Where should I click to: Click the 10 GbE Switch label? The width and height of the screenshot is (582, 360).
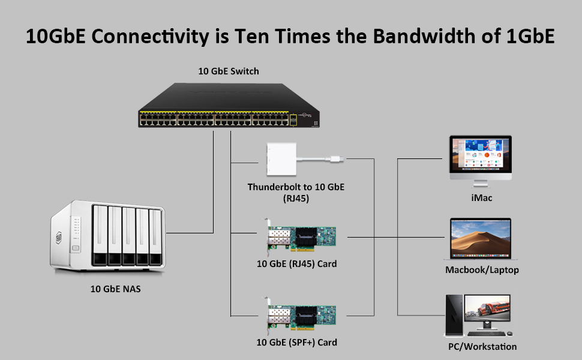pyautogui.click(x=229, y=71)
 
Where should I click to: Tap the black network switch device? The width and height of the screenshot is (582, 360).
pyautogui.click(x=229, y=106)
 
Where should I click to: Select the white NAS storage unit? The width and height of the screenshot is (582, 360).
pyautogui.click(x=107, y=236)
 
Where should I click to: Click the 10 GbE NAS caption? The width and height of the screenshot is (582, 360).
pyautogui.click(x=115, y=289)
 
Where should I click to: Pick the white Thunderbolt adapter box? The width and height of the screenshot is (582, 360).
pyautogui.click(x=281, y=159)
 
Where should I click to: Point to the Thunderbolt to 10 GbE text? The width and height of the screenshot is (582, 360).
pyautogui.click(x=296, y=187)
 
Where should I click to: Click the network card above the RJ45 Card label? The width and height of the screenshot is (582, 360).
pyautogui.click(x=301, y=236)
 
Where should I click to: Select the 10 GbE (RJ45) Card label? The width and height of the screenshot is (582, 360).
pyautogui.click(x=296, y=264)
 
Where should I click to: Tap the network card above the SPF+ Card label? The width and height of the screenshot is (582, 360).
pyautogui.click(x=301, y=315)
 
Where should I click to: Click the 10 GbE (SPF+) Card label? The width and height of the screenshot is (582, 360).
pyautogui.click(x=296, y=342)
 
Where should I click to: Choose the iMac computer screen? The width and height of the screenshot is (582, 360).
pyautogui.click(x=481, y=155)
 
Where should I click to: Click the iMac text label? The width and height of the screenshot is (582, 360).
pyautogui.click(x=481, y=198)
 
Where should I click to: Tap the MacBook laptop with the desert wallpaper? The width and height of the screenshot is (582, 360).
pyautogui.click(x=481, y=239)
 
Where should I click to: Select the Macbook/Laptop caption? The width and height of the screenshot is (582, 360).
pyautogui.click(x=482, y=270)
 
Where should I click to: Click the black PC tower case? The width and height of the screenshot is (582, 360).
pyautogui.click(x=454, y=315)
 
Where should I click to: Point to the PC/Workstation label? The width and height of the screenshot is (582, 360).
pyautogui.click(x=482, y=347)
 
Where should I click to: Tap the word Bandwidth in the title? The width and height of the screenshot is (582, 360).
pyautogui.click(x=424, y=37)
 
